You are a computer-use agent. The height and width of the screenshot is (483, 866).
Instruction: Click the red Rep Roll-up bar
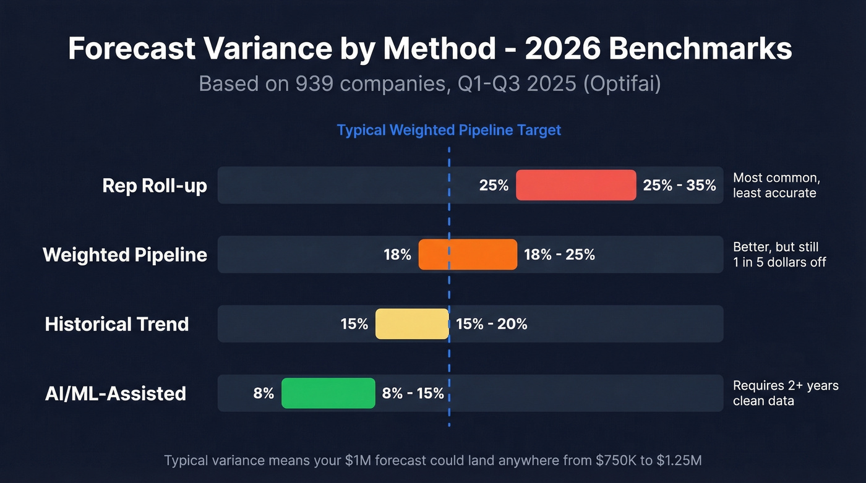575,185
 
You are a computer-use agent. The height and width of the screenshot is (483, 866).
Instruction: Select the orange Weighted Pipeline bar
468,254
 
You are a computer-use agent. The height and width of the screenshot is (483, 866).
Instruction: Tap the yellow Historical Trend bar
412,323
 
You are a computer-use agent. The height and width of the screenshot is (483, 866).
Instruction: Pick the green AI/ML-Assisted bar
328,393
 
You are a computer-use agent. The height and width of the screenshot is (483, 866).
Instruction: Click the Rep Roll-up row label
155,186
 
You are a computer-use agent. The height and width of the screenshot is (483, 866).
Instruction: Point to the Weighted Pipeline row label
125,255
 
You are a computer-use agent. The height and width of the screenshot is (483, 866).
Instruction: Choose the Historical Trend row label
117,324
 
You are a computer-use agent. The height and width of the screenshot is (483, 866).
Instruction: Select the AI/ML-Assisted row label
116,393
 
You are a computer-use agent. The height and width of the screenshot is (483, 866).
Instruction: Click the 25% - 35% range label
679,186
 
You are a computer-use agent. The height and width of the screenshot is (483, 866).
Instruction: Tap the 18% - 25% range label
559,255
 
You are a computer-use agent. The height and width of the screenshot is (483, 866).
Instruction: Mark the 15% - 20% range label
492,324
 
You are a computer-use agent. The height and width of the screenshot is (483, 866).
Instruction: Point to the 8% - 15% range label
413,393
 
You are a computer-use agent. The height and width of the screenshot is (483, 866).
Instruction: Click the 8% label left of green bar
264,393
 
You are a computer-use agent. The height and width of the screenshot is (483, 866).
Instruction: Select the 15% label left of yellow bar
354,324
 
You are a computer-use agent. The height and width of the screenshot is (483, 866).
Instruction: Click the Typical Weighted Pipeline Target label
448,130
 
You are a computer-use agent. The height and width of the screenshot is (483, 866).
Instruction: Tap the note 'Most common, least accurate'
776,186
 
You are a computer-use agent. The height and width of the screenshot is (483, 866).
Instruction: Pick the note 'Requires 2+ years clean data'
785,393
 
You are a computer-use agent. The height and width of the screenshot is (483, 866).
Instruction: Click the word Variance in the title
272,49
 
